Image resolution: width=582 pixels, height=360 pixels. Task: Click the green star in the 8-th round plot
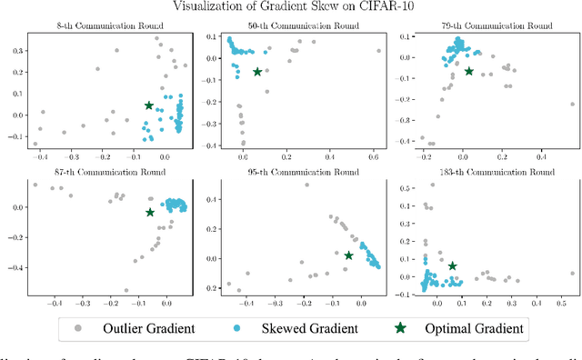pyautogui.click(x=149, y=106)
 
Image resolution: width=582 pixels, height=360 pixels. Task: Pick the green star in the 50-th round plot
pyautogui.click(x=257, y=72)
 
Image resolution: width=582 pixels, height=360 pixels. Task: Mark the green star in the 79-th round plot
pyautogui.click(x=469, y=71)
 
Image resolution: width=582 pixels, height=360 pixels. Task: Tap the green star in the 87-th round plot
pyautogui.click(x=150, y=213)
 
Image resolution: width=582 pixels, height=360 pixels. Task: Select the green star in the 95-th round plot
pyautogui.click(x=348, y=255)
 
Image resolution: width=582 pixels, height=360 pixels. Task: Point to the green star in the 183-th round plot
pyautogui.click(x=453, y=266)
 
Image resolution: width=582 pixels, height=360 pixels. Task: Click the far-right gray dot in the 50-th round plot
pyautogui.click(x=379, y=52)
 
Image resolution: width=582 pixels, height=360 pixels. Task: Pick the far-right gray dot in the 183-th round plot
pyautogui.click(x=572, y=273)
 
